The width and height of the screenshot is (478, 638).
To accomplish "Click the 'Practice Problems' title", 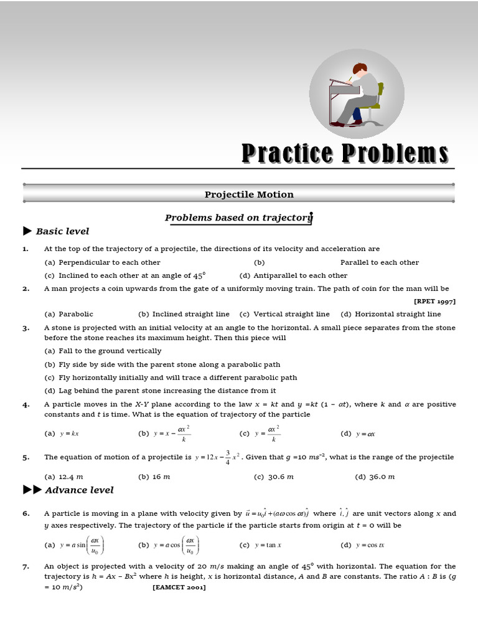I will [x=344, y=153].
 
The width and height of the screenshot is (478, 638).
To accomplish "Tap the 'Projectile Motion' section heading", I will [x=249, y=194].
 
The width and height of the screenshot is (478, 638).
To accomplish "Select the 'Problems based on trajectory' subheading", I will [x=238, y=217].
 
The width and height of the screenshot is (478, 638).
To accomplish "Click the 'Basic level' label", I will [x=62, y=231].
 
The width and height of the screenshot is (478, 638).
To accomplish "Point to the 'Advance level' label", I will [x=79, y=490].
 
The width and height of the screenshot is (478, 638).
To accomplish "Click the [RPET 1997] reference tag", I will [x=434, y=301].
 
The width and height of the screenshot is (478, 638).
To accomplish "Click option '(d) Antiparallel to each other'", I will [x=293, y=275].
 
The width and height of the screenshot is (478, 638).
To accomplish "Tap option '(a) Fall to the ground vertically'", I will [x=103, y=351].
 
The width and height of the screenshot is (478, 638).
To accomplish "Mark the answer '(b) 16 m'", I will [x=154, y=477].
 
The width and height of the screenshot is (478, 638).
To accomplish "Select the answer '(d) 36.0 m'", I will [x=375, y=477].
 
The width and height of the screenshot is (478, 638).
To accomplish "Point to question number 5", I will [x=26, y=457].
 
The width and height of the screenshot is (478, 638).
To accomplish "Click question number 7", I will [x=26, y=566].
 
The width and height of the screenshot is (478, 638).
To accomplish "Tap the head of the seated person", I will [x=360, y=69].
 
